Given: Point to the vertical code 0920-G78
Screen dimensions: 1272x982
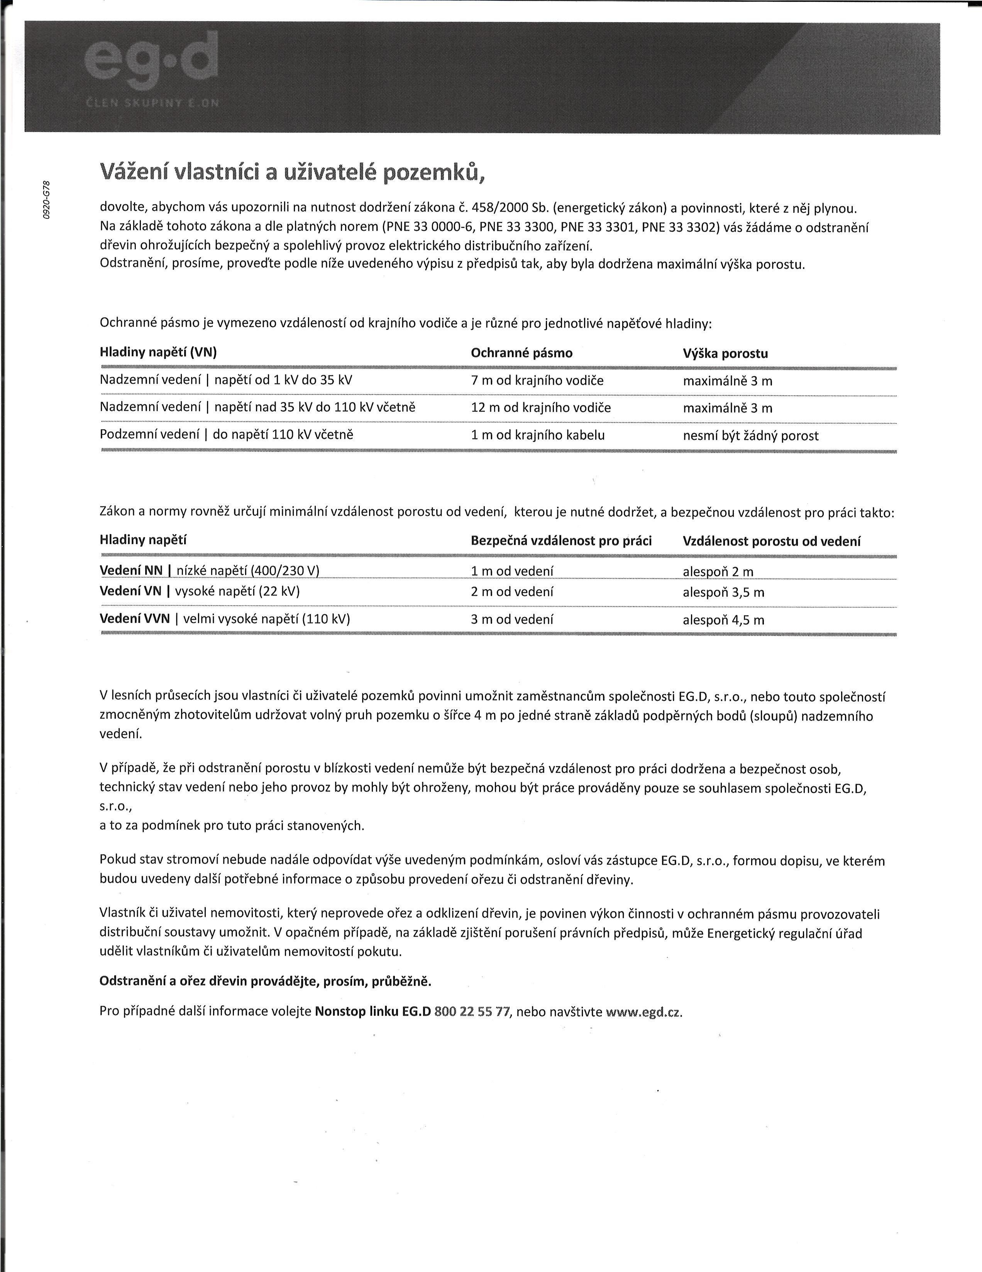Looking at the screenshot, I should (47, 200).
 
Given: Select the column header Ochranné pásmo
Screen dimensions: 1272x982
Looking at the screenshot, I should (521, 353).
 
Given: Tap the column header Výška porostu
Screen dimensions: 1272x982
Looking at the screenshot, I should (725, 354).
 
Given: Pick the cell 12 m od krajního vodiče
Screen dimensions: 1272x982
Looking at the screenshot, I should (540, 408).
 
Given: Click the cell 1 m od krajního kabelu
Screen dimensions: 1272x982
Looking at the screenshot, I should (538, 435).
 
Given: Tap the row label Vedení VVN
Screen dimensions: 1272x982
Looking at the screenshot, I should (135, 619).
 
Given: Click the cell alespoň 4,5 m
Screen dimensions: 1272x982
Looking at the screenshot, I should (723, 620).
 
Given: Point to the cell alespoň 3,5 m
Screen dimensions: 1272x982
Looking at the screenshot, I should (723, 592).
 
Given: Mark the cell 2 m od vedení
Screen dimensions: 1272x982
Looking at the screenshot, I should (512, 592).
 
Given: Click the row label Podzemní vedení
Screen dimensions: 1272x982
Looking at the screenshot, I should (150, 435).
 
